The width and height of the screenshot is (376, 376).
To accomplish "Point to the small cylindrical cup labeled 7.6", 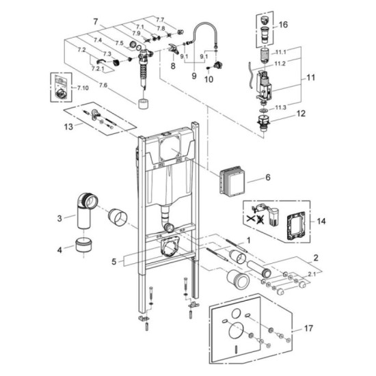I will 144,104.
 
